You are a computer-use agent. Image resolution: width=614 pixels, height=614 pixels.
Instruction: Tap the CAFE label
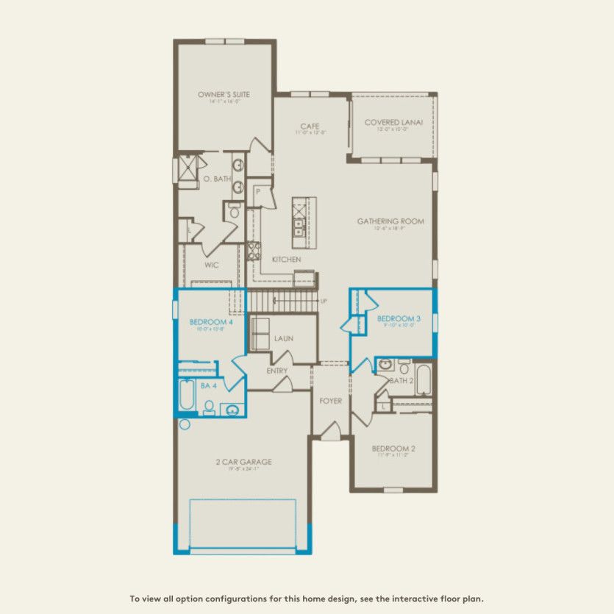point(309,126)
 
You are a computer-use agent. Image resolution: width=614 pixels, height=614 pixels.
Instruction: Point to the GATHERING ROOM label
point(390,221)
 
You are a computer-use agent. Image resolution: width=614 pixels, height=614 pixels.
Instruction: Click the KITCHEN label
point(286,260)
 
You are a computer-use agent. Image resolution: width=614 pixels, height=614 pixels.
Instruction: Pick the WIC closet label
point(212,265)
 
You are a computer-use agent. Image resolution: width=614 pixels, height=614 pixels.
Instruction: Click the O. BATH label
point(218,178)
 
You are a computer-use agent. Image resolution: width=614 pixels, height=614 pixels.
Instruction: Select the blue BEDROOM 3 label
point(396,318)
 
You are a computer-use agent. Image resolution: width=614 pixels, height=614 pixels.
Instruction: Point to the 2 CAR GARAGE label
point(243,462)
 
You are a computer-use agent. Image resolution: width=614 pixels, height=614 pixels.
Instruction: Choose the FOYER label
point(330,401)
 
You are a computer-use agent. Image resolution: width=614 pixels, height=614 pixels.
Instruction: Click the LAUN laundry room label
point(284,338)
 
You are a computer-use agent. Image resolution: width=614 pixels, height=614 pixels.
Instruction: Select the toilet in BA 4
point(208,407)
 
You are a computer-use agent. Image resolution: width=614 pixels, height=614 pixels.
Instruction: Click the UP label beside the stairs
point(324,301)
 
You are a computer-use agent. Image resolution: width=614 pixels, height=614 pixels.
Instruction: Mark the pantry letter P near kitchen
point(258,191)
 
